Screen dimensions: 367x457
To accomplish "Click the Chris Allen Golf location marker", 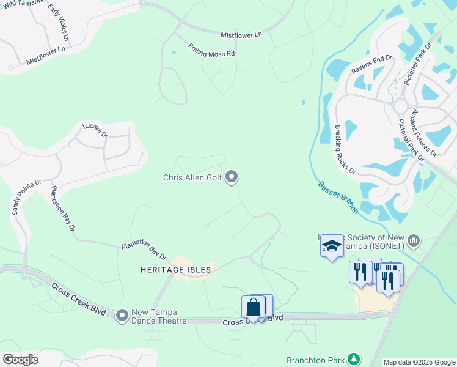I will pos(232,177).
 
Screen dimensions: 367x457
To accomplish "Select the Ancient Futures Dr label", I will pos(423,132).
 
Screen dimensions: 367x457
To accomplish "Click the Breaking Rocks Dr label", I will pos(345,150).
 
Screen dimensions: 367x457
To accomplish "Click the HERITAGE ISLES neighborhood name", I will pos(175,269).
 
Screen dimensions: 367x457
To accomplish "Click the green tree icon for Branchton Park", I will pos(353,358).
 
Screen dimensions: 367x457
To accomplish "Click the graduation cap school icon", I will pos(332,246).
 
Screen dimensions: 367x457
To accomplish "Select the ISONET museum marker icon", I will pos(414,240).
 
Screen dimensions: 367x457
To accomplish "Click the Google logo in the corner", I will pos(20,360).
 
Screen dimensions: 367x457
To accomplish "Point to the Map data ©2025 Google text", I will pos(419,362).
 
